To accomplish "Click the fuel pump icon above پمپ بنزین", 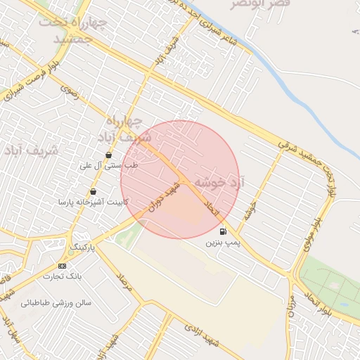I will pos(224,231).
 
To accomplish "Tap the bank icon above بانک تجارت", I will pos(63,266).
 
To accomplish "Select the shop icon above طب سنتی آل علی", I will pos(108,155).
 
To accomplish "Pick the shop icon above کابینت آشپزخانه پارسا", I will pos(93,191).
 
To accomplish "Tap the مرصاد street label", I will pos(124,283).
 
